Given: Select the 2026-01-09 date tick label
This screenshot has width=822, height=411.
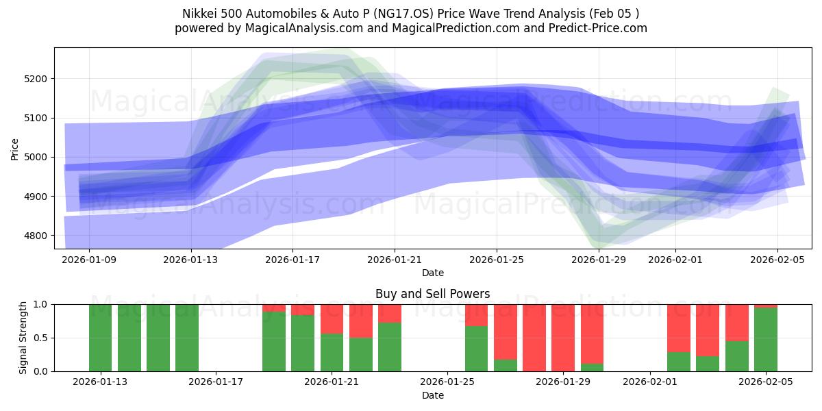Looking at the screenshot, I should click(90, 260).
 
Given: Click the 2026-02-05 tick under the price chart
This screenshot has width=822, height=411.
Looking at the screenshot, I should click(777, 260).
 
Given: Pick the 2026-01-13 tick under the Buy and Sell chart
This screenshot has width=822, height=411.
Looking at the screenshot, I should click(101, 382).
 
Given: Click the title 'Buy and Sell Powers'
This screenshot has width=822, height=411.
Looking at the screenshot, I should click(432, 294).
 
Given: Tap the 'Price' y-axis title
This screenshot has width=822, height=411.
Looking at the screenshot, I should click(15, 149).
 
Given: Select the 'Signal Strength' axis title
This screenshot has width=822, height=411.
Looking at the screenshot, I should click(23, 338).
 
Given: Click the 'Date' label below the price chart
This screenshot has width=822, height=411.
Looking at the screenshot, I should click(432, 273).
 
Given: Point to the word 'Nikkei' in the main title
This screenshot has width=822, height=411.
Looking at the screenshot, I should click(198, 14).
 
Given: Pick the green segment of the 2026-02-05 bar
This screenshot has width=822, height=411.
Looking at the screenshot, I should click(766, 340).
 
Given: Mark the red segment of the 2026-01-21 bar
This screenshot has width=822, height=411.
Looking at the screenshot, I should click(332, 319).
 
